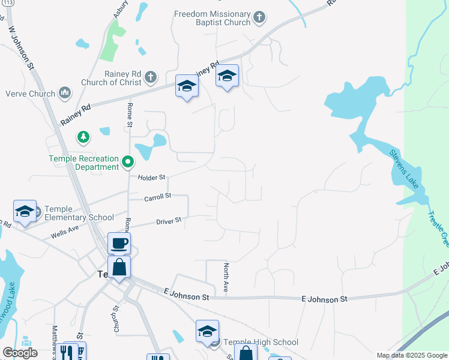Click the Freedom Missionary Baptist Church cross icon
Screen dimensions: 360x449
pos(259,17)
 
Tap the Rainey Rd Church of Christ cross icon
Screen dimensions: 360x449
pos(150,77)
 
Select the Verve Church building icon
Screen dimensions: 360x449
pos(64,93)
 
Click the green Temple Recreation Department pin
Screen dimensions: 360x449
pos(127,162)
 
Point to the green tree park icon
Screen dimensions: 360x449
pos(83,137)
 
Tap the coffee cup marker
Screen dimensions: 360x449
pos(119,244)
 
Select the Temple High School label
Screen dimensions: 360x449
pos(261,342)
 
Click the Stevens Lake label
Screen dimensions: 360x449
pos(404,169)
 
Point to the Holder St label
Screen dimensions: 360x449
pos(151,178)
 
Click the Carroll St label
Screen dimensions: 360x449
pos(158,197)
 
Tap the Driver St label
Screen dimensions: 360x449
pos(169,221)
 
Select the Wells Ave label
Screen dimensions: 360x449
pos(65,229)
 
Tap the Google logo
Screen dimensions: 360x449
pos(20,353)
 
